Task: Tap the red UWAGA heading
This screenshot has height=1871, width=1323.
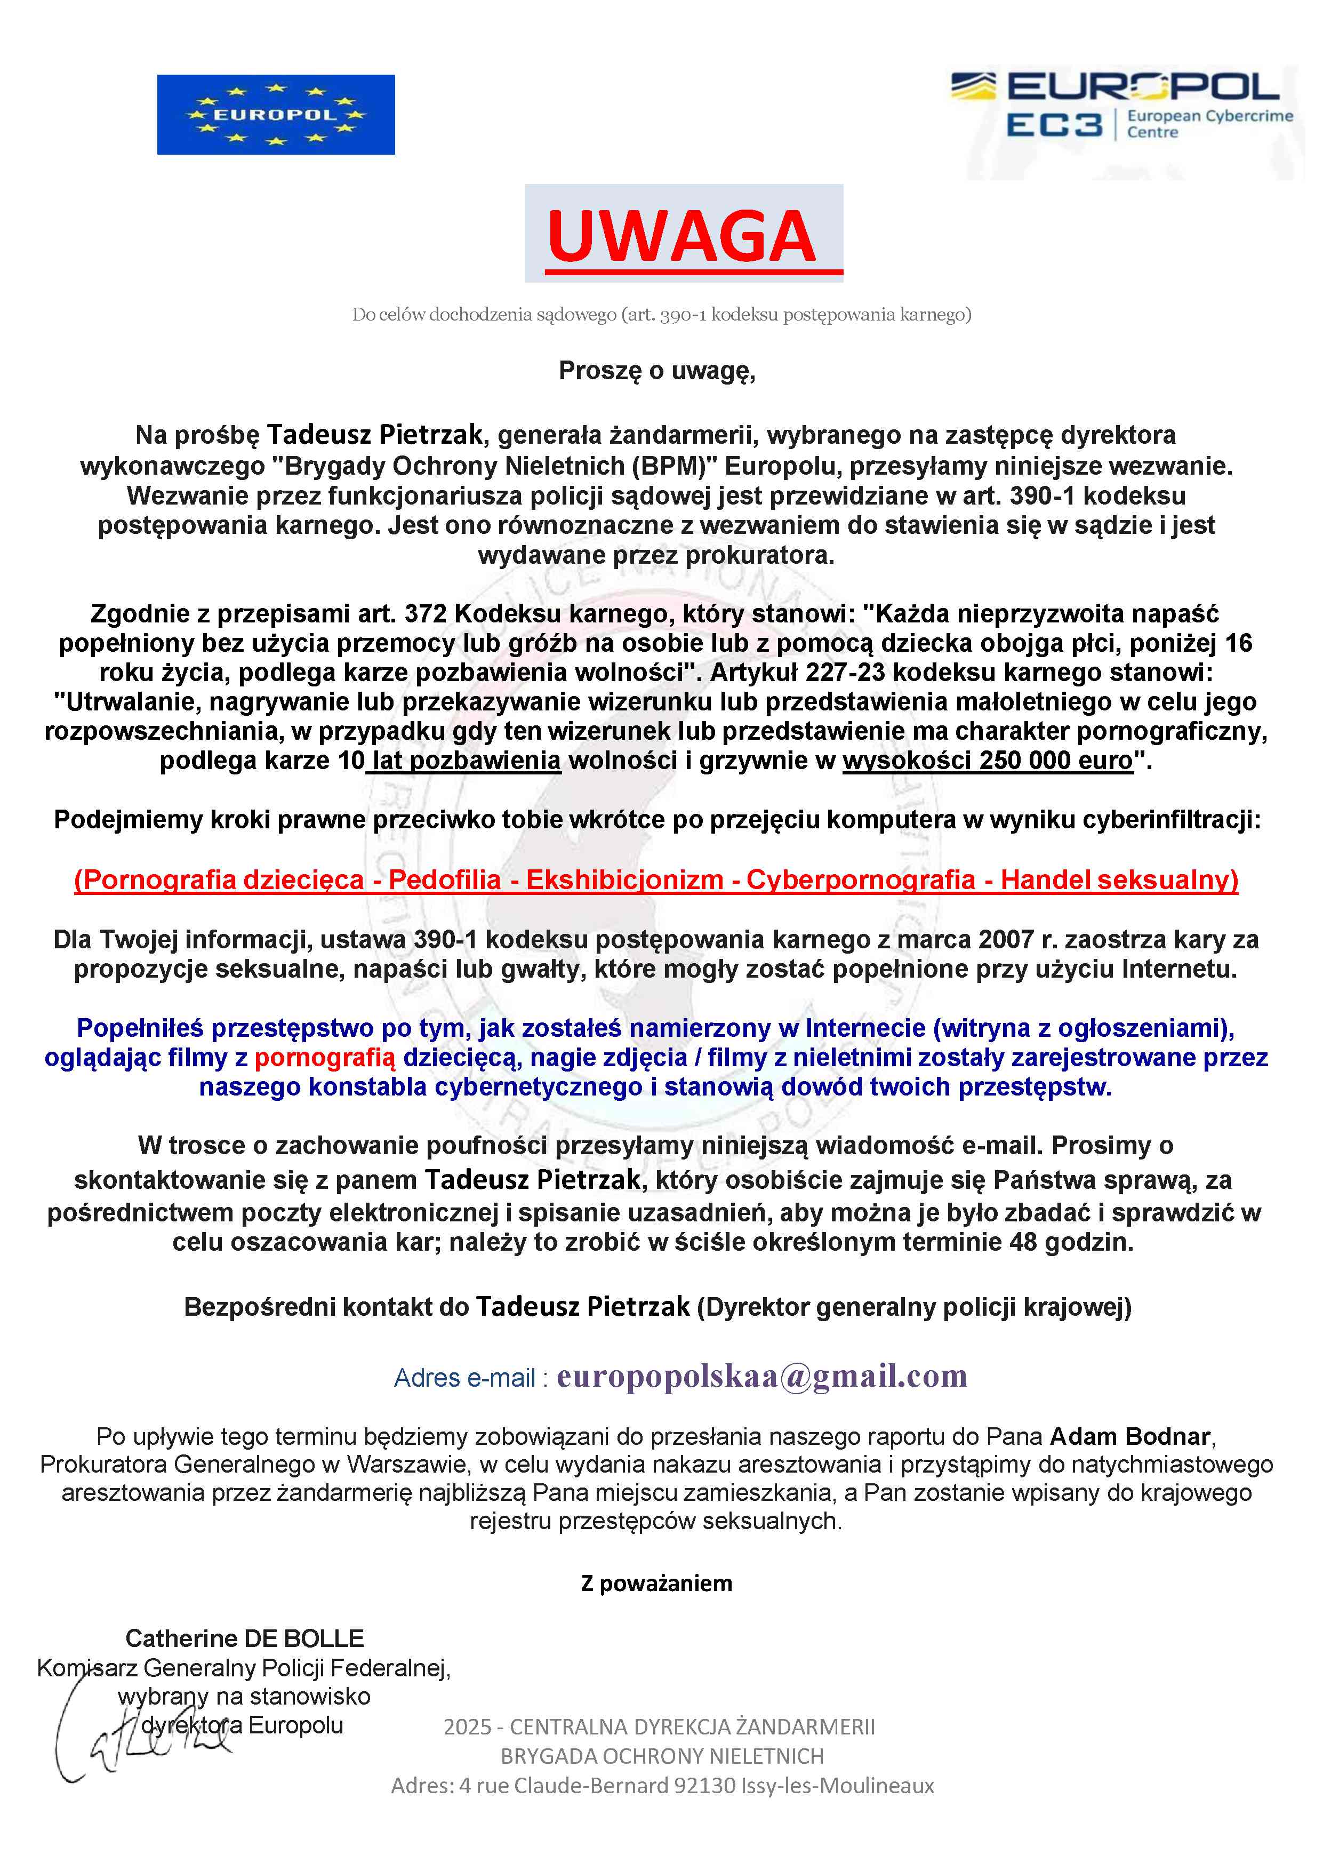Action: pyautogui.click(x=682, y=236)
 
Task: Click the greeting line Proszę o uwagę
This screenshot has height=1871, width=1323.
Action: pyautogui.click(x=656, y=371)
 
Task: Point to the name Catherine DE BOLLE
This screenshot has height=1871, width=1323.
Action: pyautogui.click(x=244, y=1638)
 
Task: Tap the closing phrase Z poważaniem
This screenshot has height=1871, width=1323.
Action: pyautogui.click(x=656, y=1584)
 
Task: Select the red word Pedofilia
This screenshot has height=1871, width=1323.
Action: pyautogui.click(x=444, y=880)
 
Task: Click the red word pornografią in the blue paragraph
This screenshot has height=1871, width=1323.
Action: pyautogui.click(x=324, y=1058)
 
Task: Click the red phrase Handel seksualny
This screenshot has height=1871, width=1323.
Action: pyautogui.click(x=1118, y=880)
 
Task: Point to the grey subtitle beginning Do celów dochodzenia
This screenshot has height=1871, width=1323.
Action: pyautogui.click(x=661, y=315)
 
